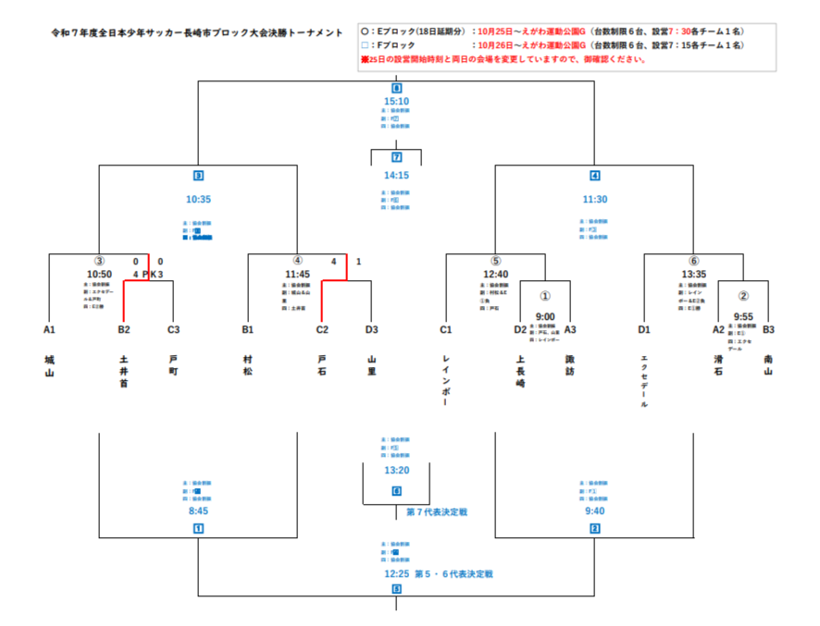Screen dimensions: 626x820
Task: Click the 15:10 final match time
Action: (396, 102)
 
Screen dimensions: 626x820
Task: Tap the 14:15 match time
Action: (396, 175)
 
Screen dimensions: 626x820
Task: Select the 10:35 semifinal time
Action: (199, 199)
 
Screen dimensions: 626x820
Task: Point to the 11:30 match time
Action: (595, 199)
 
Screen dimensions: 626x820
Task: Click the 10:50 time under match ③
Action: (99, 274)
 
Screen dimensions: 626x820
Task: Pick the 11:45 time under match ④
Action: (297, 274)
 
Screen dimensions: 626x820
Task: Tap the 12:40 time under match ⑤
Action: (496, 274)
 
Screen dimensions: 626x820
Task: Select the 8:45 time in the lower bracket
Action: (198, 509)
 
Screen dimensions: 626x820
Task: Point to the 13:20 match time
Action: (396, 470)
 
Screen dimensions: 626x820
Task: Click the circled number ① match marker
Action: (545, 297)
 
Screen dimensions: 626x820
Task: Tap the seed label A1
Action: (49, 328)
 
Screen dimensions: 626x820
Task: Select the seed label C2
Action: (322, 328)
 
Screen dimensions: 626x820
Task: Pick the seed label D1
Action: (644, 328)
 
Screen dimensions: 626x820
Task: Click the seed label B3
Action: (768, 328)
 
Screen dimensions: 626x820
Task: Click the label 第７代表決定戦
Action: (438, 510)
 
